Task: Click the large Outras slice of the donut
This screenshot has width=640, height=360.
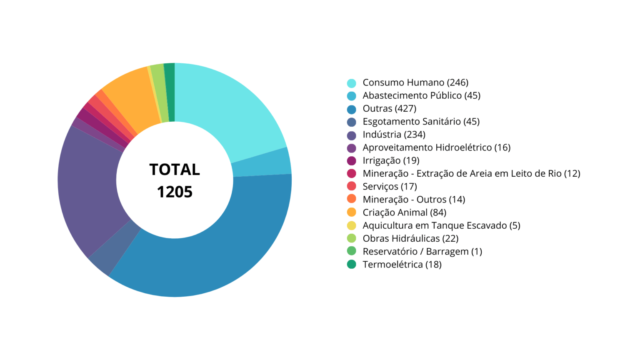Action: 217,250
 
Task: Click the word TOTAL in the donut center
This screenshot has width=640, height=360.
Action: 175,170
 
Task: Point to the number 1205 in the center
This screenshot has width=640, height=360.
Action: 175,192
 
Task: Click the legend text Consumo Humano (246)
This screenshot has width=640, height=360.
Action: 415,82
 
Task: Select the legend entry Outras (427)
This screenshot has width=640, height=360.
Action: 389,108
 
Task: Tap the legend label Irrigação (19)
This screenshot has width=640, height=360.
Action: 391,160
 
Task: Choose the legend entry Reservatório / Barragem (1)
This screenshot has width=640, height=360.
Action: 422,251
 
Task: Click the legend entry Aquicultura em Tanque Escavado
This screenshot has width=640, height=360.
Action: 441,225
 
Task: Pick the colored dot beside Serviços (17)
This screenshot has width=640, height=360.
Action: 352,186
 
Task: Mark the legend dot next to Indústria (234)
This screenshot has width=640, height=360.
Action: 352,135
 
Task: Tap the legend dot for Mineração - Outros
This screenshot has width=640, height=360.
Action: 352,199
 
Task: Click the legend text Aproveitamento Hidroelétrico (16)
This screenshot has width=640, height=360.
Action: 436,147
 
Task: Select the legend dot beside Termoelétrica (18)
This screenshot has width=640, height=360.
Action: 352,264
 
